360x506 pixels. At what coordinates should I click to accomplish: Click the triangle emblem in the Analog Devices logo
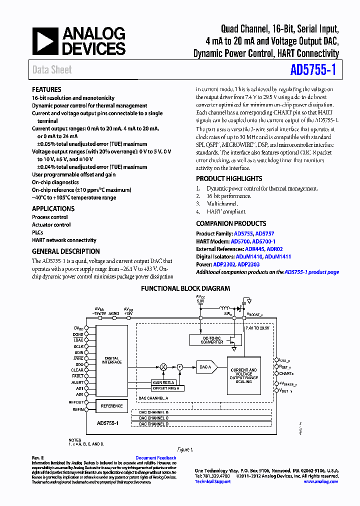[x=45, y=41]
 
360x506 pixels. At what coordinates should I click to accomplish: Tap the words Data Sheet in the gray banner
[x=52, y=70]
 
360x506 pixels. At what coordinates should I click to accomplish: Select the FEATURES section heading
[x=46, y=89]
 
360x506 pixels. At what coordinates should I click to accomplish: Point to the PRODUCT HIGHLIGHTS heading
[x=229, y=178]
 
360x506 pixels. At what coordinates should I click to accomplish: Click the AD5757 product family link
[x=264, y=233]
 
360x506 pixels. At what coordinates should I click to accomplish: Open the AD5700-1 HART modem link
[x=264, y=241]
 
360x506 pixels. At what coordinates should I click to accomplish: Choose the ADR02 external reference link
[x=274, y=249]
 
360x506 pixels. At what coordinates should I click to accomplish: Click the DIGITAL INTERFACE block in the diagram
[x=111, y=360]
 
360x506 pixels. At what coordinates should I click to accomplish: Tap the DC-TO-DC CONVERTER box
[x=212, y=340]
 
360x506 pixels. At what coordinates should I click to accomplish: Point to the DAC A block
[x=205, y=367]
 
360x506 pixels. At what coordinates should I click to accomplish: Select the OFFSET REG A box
[x=167, y=388]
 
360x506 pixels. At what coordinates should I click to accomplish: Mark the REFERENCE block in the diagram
[x=111, y=406]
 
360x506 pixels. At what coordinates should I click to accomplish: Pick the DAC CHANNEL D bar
[x=154, y=424]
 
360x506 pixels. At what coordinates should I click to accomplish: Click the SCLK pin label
[x=78, y=346]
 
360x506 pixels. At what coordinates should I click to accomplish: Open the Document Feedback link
[x=155, y=458]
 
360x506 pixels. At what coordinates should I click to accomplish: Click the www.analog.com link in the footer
[x=320, y=481]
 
